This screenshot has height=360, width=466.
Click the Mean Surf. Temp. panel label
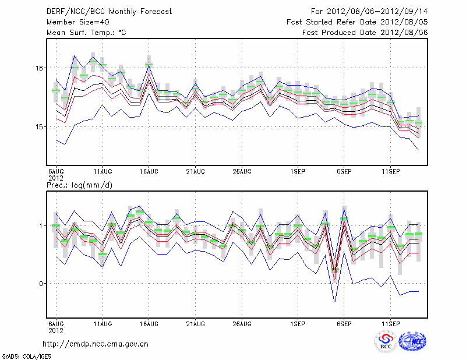click(x=86, y=33)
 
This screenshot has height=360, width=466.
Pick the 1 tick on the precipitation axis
click(x=43, y=225)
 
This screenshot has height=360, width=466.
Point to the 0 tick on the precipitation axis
click(x=43, y=284)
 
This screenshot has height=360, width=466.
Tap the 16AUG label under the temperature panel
click(x=149, y=171)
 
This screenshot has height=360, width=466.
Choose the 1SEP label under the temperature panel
click(x=298, y=171)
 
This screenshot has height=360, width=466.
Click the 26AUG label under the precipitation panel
click(x=242, y=323)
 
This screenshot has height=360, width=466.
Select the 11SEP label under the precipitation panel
click(x=390, y=323)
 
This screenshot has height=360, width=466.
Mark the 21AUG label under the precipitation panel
click(x=195, y=323)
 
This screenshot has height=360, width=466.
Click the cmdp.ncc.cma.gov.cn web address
click(x=96, y=344)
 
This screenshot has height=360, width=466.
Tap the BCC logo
click(x=385, y=341)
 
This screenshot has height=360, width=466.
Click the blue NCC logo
click(x=412, y=341)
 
